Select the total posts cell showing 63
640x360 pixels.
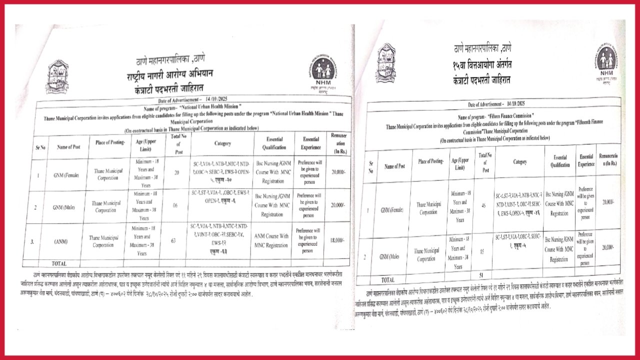point(173,241)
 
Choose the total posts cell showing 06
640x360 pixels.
point(173,204)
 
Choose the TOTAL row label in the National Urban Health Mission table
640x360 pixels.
point(59,263)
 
